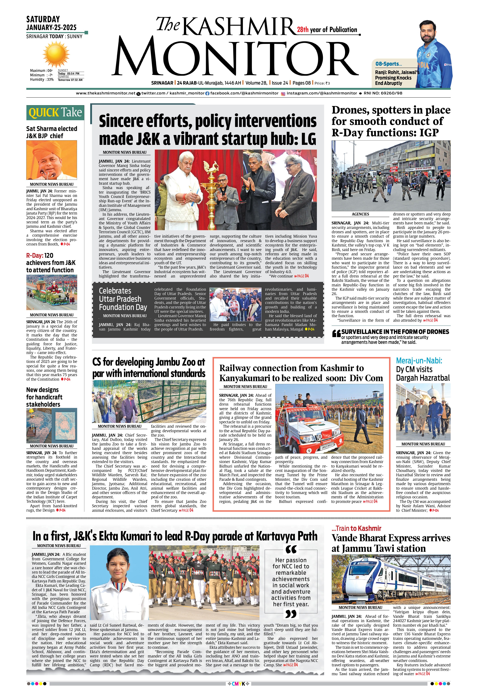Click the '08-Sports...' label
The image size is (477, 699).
[388, 64]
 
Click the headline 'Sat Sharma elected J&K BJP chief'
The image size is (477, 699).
[51, 132]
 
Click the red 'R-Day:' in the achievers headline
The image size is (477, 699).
[35, 255]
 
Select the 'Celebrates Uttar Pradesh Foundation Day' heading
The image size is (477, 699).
[123, 299]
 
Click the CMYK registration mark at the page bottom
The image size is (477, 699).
[238, 684]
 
